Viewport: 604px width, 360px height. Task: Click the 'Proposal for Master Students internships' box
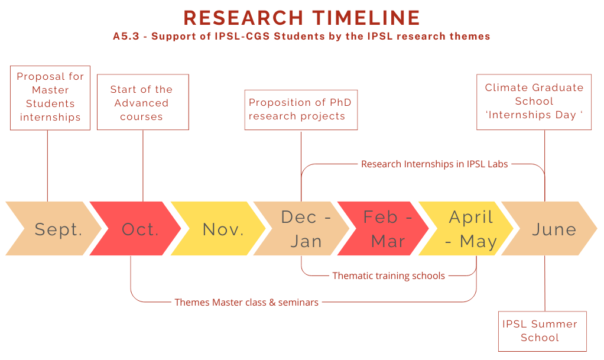(x=50, y=98)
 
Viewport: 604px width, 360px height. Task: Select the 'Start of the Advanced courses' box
(x=143, y=102)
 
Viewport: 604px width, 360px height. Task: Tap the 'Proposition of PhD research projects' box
(x=301, y=110)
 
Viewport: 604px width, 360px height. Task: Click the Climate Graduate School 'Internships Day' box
(x=534, y=102)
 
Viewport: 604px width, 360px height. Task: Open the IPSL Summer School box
(x=543, y=332)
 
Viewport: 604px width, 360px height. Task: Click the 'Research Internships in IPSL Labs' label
(x=434, y=164)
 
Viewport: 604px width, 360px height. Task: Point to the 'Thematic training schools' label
(x=389, y=276)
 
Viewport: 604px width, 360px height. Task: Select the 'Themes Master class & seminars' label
(x=246, y=302)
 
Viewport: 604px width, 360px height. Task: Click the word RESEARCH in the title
(x=243, y=18)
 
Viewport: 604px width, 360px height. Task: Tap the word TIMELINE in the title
(x=366, y=18)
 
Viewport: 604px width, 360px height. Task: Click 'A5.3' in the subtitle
(x=126, y=36)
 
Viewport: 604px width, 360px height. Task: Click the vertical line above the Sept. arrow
(x=48, y=166)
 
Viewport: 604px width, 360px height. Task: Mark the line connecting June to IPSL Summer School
(x=545, y=283)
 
